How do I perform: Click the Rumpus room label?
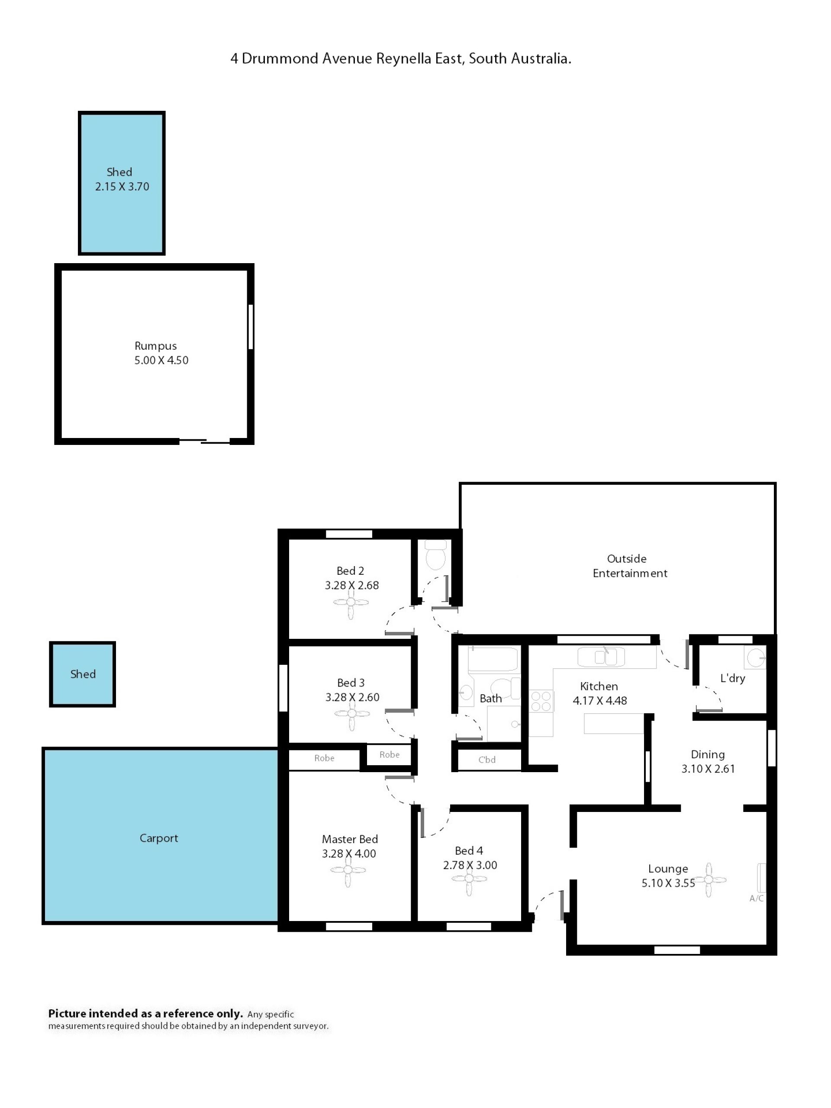coord(155,346)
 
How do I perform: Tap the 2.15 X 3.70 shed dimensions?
coord(122,187)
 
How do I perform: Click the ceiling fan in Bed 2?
coord(351,602)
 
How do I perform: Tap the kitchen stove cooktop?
coord(541,700)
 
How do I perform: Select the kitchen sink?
coord(601,657)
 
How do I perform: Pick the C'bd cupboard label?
coord(487,760)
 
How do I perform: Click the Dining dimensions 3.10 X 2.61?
coord(708,769)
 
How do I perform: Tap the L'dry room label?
coord(732,678)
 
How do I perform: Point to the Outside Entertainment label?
coord(630,566)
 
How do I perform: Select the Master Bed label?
coord(350,839)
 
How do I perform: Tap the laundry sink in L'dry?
coord(755,657)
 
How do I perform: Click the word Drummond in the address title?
coord(280,58)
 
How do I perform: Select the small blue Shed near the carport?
coord(83,674)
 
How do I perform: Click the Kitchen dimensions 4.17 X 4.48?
coord(599,701)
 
